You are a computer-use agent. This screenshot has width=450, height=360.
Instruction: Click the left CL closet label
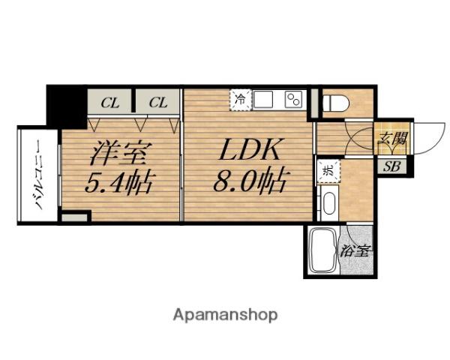[x=110, y=103]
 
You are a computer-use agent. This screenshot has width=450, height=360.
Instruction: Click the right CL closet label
[x=157, y=103]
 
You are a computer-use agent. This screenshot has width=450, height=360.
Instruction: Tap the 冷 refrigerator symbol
[x=241, y=99]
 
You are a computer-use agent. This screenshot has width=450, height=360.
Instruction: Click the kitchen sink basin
[x=265, y=99]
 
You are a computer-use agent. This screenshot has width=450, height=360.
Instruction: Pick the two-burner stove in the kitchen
[x=292, y=99]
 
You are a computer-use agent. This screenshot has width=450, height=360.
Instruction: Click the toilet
[x=334, y=103]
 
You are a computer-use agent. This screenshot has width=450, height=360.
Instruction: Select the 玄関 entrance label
[x=391, y=138]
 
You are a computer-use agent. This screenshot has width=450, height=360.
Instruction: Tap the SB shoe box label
[x=391, y=166]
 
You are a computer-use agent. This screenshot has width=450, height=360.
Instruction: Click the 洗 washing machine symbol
[x=328, y=169]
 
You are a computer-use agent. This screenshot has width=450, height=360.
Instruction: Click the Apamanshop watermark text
[x=225, y=315]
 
